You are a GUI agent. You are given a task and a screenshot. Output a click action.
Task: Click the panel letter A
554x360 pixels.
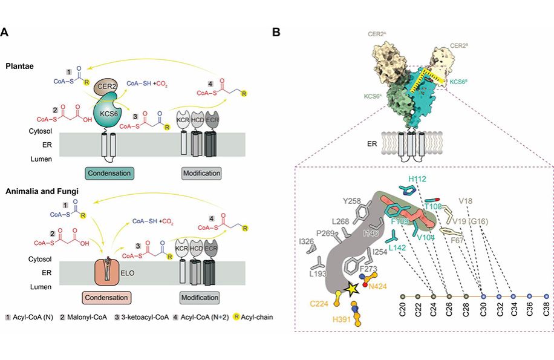tap(5, 31)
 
